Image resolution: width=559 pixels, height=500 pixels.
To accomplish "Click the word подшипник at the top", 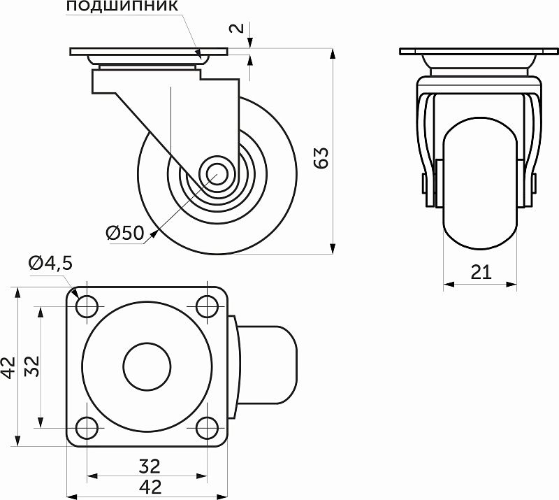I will [124, 8].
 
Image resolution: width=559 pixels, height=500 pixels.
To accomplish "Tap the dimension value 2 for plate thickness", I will [237, 28].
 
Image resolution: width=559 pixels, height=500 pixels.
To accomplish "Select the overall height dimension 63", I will [322, 159].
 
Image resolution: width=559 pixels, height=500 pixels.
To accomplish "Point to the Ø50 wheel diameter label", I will [125, 233].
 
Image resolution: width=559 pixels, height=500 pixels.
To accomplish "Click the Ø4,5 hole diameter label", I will [50, 263].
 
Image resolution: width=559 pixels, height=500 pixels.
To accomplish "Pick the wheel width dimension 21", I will [481, 273].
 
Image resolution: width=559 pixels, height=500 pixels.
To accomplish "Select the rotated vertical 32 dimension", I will [31, 366].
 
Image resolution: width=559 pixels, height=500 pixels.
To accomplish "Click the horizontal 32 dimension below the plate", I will [148, 465].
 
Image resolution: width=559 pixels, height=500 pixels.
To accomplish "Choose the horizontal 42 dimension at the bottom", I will [148, 487].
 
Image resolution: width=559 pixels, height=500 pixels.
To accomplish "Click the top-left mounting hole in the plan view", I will [87, 306].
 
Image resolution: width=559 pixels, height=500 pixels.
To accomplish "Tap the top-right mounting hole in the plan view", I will [206, 306].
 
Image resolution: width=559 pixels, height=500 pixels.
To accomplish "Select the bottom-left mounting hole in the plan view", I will [87, 425].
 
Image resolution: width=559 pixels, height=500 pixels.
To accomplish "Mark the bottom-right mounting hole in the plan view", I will [206, 425].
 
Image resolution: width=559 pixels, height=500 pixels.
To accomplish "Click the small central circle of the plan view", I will [147, 366].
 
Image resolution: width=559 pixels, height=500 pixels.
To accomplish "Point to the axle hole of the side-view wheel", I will [215, 173].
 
